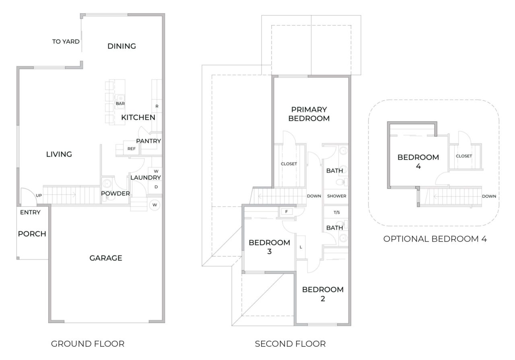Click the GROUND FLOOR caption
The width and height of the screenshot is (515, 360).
pos(87,344)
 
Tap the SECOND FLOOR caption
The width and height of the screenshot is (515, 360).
pos(290,344)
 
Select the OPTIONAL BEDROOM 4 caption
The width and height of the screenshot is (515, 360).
pos(435,239)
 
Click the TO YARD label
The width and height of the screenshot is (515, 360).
pos(66,41)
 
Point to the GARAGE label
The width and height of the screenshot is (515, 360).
pos(105,258)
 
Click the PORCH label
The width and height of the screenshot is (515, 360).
pos(32,234)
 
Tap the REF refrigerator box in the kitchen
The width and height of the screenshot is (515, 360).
pos(132,148)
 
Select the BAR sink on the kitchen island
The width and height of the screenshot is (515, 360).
pos(120,98)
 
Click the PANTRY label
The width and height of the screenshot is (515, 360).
pos(148,141)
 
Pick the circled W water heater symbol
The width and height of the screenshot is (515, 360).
pos(154,205)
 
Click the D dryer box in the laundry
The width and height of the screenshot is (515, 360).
pos(156,187)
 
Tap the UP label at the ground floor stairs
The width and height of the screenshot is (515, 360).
pos(39,195)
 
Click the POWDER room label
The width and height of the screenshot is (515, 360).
pos(115,193)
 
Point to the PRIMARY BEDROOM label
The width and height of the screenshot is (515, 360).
pos(309,114)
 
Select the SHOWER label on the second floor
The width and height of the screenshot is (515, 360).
pos(336,196)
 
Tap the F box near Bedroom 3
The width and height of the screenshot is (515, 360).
pos(286,211)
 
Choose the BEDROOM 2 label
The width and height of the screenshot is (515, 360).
pos(323,294)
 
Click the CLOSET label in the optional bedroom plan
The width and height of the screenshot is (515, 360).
pos(464,156)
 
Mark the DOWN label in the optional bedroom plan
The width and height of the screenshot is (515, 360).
pos(488,196)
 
